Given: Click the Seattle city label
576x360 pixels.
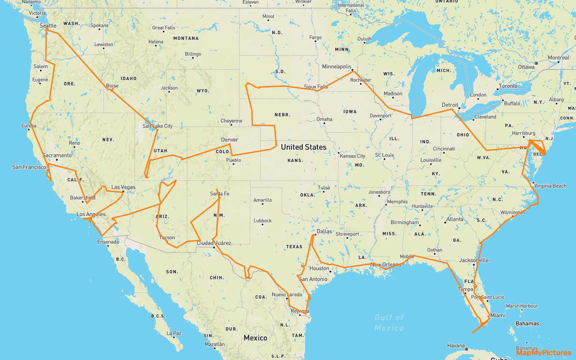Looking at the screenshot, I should [48, 26].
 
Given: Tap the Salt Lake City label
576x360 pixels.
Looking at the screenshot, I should [157, 126].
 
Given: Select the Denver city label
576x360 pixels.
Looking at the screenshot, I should [229, 140].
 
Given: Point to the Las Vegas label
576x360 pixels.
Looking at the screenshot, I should [123, 187].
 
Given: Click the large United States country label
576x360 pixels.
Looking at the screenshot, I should [304, 147].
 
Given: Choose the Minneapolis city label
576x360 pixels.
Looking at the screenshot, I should [337, 67].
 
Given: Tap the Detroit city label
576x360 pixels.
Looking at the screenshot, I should [450, 105].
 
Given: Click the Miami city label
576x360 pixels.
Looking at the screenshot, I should [498, 315].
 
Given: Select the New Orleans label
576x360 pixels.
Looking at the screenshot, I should [385, 265].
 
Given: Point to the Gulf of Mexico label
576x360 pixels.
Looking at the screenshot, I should [389, 323].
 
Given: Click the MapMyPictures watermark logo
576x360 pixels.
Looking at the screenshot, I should [544, 353].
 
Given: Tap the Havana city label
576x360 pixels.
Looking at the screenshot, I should [456, 346].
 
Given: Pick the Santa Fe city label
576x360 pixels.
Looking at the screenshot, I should [220, 194].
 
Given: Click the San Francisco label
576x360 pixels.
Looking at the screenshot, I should [29, 167].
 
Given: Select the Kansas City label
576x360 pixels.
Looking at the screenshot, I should [352, 156].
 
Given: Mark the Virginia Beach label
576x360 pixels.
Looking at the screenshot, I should [550, 186].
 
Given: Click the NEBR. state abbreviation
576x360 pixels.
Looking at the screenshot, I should [282, 115].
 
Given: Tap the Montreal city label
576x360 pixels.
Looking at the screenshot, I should [558, 58].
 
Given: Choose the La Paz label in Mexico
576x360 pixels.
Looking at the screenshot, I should [174, 333].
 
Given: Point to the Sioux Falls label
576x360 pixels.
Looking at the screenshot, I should [316, 86].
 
